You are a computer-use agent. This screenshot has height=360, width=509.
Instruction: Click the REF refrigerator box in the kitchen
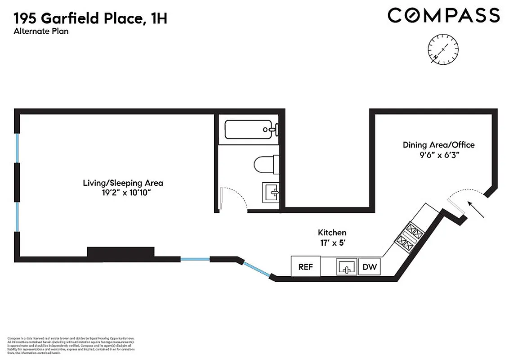tap(306, 266)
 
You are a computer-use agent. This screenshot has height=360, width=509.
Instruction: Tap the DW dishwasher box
tap(370, 267)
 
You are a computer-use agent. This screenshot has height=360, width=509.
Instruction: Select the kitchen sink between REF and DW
tap(347, 267)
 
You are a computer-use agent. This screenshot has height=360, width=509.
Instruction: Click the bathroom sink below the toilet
tap(270, 193)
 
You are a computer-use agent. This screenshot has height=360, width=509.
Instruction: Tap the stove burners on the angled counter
tap(410, 238)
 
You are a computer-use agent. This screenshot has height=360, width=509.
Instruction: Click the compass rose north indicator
tap(444, 49)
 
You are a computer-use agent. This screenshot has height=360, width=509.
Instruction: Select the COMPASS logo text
tap(444, 15)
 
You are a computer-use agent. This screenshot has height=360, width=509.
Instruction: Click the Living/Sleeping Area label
tap(123, 183)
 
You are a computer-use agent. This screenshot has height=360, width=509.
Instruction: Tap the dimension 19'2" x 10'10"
tap(123, 193)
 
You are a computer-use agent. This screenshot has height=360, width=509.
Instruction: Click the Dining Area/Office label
tap(438, 145)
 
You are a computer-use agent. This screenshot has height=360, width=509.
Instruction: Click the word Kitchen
tap(332, 233)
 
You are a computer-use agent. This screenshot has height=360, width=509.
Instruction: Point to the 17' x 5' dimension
tap(332, 243)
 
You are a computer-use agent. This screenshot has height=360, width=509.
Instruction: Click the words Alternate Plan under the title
tap(41, 31)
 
